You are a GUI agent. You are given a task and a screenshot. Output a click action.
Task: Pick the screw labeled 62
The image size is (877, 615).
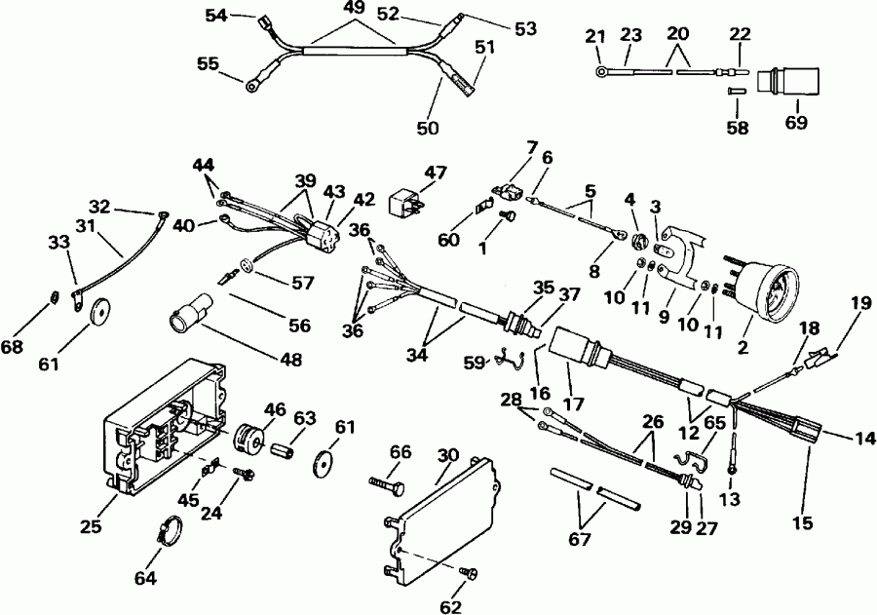467,573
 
